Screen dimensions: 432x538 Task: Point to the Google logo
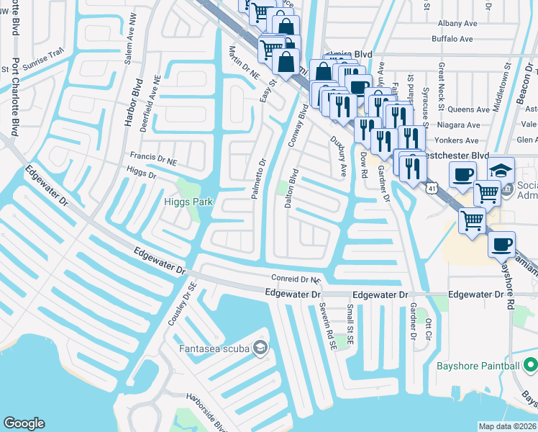[24, 423]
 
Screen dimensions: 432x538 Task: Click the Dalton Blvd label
[291, 189]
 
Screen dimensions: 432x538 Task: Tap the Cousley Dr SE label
[181, 303]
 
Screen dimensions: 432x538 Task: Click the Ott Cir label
[429, 329]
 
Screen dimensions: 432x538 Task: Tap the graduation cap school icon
[501, 171]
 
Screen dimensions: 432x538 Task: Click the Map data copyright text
[508, 426]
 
